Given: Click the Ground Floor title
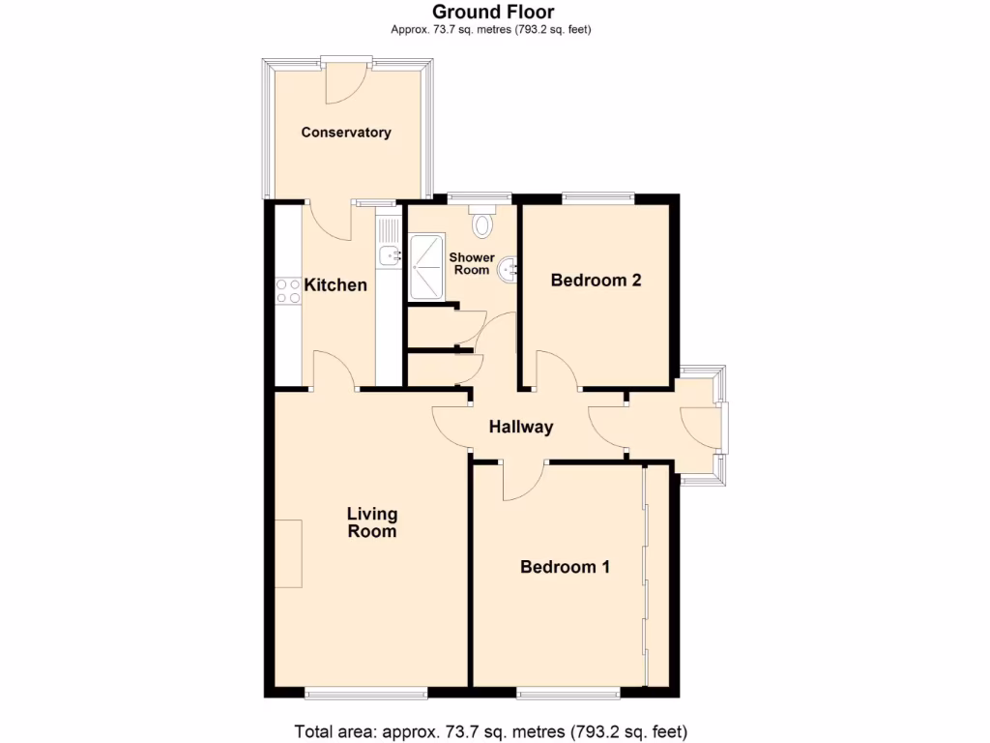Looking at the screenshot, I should (x=493, y=12).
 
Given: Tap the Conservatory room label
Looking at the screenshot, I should (x=346, y=133).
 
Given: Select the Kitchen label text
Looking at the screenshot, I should (x=335, y=285).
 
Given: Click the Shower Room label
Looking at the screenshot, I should (x=472, y=264).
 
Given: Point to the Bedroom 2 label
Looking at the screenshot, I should (x=596, y=282).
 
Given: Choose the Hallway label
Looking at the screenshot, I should (x=520, y=427).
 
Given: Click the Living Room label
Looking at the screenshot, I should (x=372, y=522).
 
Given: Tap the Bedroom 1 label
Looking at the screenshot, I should (x=565, y=567).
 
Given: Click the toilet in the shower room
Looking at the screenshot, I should (x=482, y=225).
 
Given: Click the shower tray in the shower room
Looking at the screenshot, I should (x=426, y=267).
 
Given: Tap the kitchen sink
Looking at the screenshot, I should (x=389, y=255).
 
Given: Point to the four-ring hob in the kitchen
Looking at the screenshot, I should (x=288, y=290).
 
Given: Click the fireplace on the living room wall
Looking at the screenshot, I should (x=288, y=552).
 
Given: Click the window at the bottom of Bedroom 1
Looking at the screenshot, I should (x=568, y=693).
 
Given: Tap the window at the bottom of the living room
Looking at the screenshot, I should (x=365, y=693).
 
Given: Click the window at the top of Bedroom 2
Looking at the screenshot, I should (x=598, y=198).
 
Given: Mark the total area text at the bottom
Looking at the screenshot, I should (x=490, y=730).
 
